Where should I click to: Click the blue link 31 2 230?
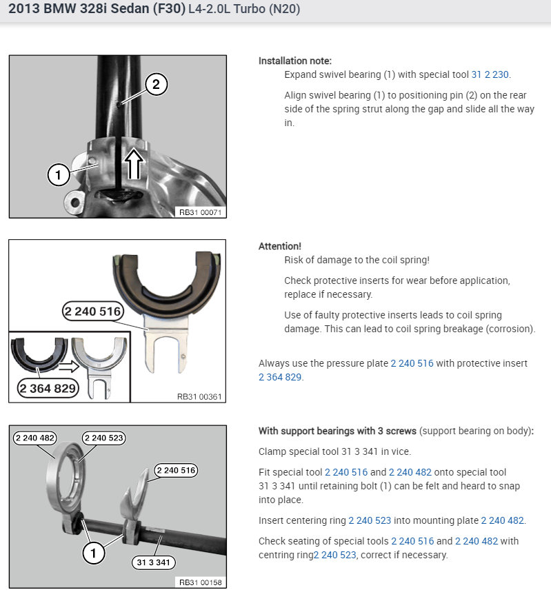[490, 74]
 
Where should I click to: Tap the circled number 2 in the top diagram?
[156, 85]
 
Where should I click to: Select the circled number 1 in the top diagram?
[59, 175]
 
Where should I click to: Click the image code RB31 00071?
[201, 213]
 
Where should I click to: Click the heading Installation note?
[294, 61]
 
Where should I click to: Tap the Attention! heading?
[279, 246]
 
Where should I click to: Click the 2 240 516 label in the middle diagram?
[92, 312]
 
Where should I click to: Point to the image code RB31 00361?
[201, 396]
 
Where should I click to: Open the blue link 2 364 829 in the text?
[280, 377]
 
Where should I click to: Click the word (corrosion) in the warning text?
[511, 329]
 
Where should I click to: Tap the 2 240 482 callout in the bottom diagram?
[34, 438]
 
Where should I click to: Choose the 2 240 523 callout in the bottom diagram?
[104, 438]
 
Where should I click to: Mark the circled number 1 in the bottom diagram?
[94, 551]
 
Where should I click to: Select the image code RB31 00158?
[201, 582]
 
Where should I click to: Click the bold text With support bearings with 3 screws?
[337, 431]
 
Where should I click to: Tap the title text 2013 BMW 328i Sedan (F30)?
[97, 10]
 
